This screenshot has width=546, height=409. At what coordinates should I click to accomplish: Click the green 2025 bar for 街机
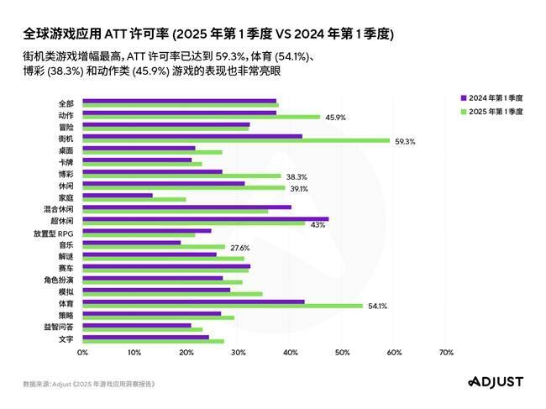click(236, 140)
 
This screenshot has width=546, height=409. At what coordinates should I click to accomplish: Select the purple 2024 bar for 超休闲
click(205, 218)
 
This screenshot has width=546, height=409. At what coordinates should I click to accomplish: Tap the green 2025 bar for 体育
click(223, 306)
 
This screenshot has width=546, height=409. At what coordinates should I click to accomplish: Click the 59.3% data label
click(405, 141)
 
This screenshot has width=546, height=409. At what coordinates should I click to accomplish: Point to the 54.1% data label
click(377, 306)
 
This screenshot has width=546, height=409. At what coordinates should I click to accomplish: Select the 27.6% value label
click(239, 248)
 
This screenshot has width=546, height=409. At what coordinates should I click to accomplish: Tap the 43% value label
click(318, 224)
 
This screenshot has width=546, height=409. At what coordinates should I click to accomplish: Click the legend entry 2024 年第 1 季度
click(496, 97)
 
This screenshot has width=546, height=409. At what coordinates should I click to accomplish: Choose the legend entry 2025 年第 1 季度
click(496, 110)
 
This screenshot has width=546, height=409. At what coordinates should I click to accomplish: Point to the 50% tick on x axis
click(342, 353)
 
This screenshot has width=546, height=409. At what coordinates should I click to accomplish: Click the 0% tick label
click(82, 353)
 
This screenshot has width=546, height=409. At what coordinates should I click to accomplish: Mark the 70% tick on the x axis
click(446, 353)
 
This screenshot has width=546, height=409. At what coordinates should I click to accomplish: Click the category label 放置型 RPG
click(55, 233)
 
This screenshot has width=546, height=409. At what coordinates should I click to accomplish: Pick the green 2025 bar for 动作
click(201, 117)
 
